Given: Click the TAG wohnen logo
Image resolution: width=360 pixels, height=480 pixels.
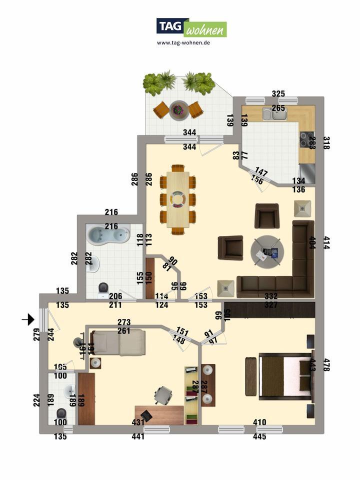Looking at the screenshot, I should point(191,27).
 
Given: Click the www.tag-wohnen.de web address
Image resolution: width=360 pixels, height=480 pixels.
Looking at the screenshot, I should point(183,43).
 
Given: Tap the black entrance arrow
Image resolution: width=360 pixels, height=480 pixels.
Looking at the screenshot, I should point(28,318).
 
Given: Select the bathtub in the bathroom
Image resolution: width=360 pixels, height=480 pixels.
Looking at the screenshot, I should point(108,234).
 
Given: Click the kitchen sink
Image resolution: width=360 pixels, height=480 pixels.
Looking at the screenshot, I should point(273,115).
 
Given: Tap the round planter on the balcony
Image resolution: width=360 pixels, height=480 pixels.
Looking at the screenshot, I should point(178,110).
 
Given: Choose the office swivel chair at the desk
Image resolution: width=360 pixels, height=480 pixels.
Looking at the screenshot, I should point(163,395).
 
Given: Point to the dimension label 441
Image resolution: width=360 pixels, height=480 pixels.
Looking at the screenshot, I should point(138,436).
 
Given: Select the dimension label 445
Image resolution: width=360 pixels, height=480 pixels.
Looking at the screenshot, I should point(259,436).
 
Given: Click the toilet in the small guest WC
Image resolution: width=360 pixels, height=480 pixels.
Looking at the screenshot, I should point(61,414).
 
